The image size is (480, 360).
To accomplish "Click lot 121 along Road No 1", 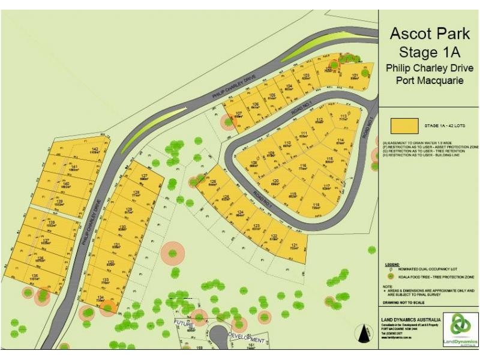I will click(294, 247).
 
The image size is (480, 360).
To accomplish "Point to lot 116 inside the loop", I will click(303, 168).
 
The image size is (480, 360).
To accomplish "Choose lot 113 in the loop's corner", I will click(344, 118).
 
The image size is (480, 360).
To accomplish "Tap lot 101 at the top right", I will click(355, 76).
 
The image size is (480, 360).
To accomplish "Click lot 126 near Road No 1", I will click(212, 184).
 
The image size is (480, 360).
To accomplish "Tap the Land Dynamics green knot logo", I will click(461, 326).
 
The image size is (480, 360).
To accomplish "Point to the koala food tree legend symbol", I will click(391, 277).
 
